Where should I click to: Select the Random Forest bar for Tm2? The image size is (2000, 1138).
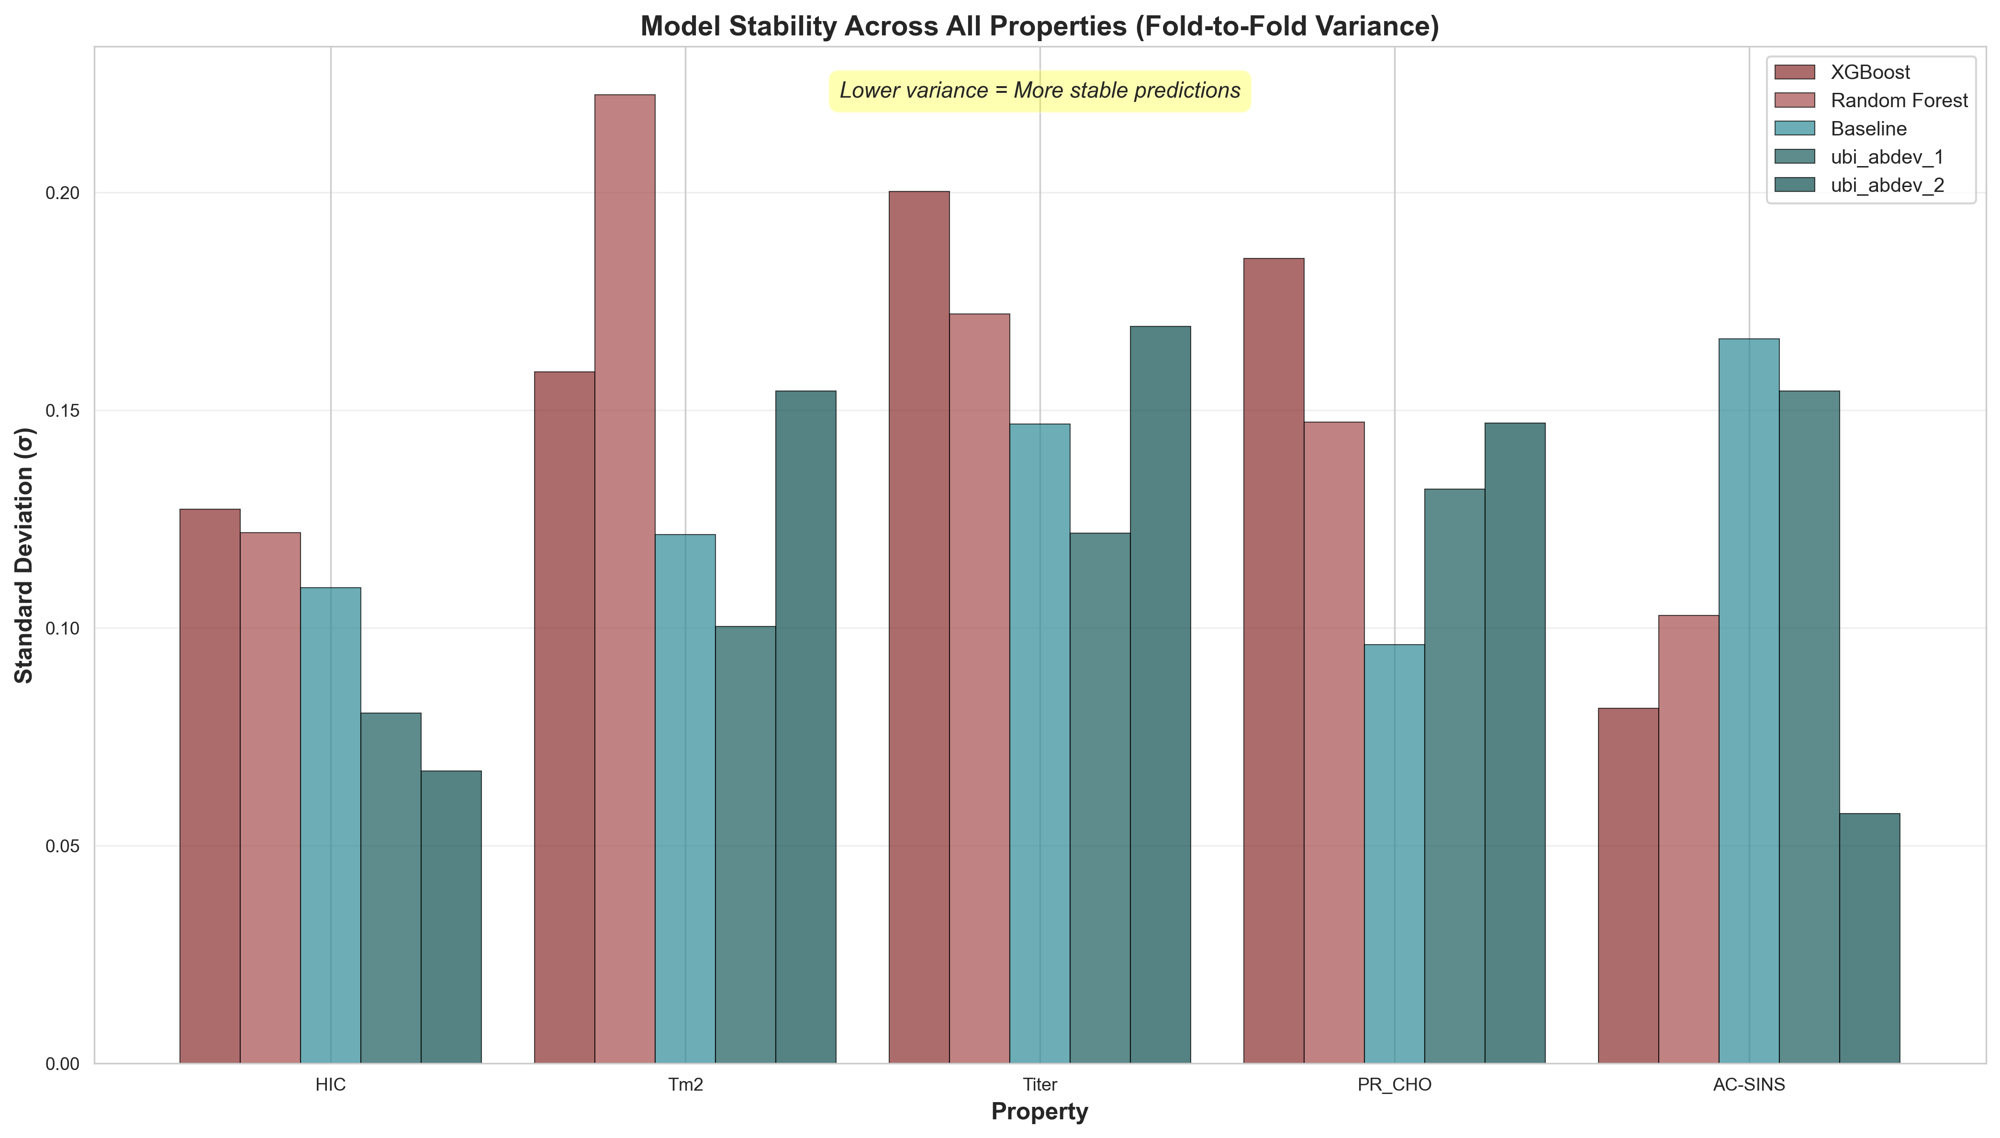coord(625,579)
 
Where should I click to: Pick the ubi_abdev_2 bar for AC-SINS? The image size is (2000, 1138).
coord(1869,938)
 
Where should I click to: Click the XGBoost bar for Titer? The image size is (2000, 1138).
coord(919,627)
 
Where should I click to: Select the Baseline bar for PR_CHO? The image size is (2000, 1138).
coord(1394,854)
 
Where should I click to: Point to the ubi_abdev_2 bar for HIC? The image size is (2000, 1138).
coord(451,917)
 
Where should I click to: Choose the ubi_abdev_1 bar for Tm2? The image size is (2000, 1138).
coord(745,844)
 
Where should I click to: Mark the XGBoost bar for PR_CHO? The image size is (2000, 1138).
coord(1273,660)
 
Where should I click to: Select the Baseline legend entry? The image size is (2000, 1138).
coord(1868,129)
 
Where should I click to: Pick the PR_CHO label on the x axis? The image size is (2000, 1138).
coord(1394,1085)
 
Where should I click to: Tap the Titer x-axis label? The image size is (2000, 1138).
coord(1039,1085)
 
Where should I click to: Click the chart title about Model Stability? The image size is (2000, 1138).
coord(1039,27)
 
